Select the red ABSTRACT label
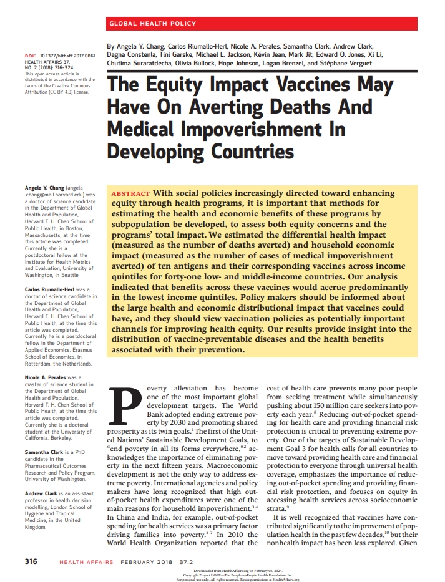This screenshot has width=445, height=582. (x=130, y=194)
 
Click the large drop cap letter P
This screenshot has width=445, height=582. (x=125, y=407)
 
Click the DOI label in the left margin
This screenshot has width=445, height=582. (x=29, y=56)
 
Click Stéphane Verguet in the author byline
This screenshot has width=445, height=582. (x=347, y=64)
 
